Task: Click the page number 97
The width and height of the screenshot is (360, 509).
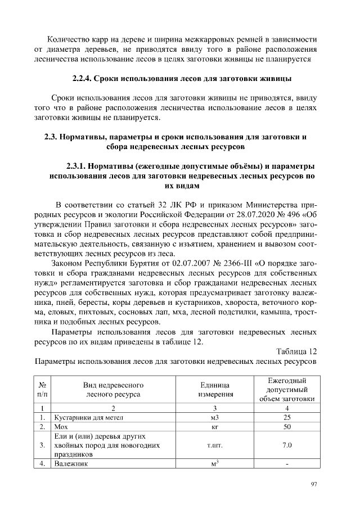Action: tap(313, 484)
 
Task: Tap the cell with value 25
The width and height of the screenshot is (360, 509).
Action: tap(287, 418)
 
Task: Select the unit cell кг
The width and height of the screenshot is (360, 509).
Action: tap(214, 427)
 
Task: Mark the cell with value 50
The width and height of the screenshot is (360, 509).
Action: tap(287, 427)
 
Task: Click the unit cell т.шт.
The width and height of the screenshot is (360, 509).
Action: tap(214, 445)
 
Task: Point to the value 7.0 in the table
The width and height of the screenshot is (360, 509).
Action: tap(287, 445)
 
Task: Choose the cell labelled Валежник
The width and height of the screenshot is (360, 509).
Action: tap(71, 464)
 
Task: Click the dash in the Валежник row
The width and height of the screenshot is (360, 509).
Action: tap(287, 464)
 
